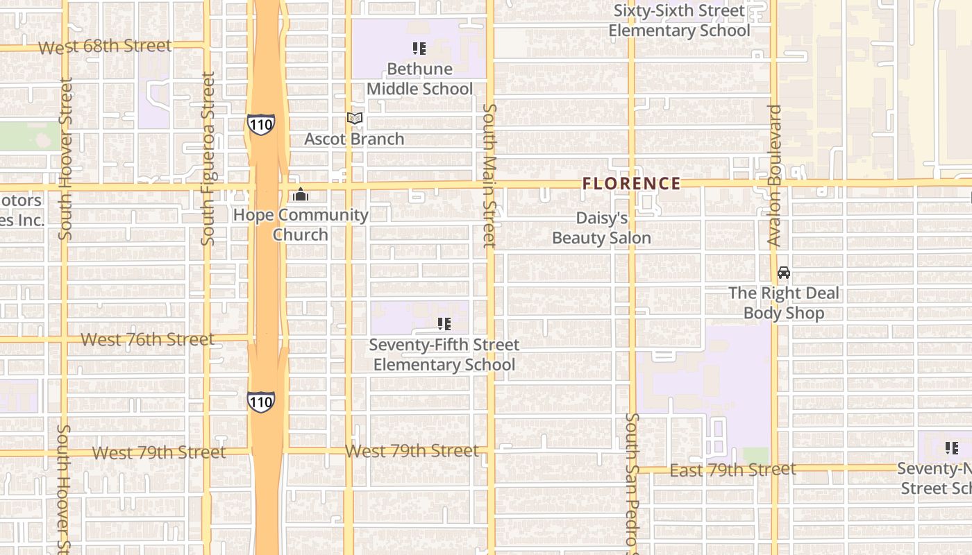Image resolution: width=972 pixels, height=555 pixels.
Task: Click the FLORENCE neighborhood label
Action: pyautogui.click(x=631, y=184)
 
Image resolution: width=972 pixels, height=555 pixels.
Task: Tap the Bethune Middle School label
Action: pyautogui.click(x=419, y=79)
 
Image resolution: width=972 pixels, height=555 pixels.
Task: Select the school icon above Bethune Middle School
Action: pyautogui.click(x=419, y=49)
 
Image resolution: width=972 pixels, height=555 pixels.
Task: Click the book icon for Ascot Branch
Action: pyautogui.click(x=355, y=119)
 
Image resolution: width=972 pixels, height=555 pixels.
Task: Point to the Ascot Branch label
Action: pyautogui.click(x=354, y=139)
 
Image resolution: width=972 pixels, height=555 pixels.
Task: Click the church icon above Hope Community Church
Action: pyautogui.click(x=301, y=195)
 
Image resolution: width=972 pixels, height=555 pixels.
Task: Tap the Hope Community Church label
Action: pyautogui.click(x=301, y=225)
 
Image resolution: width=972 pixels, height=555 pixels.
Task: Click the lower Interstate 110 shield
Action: pyautogui.click(x=260, y=402)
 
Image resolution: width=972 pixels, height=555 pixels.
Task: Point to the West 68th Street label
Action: pyautogui.click(x=105, y=47)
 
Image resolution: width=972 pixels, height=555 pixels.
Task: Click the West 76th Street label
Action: pyautogui.click(x=147, y=340)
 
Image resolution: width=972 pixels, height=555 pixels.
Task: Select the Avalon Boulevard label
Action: pyautogui.click(x=775, y=176)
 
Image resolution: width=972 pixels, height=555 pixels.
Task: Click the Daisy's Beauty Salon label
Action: pyautogui.click(x=601, y=228)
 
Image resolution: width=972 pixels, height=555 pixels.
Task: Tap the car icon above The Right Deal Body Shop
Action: pyautogui.click(x=784, y=273)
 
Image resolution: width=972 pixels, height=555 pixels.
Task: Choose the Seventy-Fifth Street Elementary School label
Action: pyautogui.click(x=444, y=355)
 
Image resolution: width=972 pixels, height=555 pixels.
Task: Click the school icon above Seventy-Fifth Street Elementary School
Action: pyautogui.click(x=444, y=324)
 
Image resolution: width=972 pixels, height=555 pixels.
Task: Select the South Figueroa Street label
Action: pyautogui.click(x=208, y=159)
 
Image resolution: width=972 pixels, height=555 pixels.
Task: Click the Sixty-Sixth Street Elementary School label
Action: pyautogui.click(x=679, y=21)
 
